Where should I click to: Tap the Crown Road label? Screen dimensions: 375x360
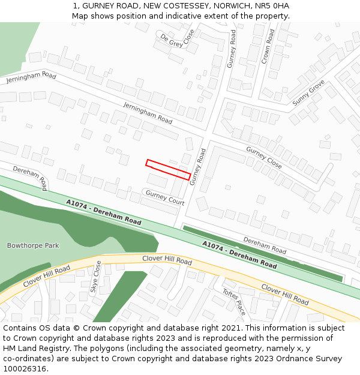(x=268, y=46)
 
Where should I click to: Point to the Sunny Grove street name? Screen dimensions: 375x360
(x=308, y=93)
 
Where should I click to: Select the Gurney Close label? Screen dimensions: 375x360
(x=263, y=157)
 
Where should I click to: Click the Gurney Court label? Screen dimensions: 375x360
(x=165, y=197)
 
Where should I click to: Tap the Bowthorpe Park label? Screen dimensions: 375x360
(x=33, y=245)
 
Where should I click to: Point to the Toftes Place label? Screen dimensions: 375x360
(x=234, y=302)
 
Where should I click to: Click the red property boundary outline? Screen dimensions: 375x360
(x=168, y=169)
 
